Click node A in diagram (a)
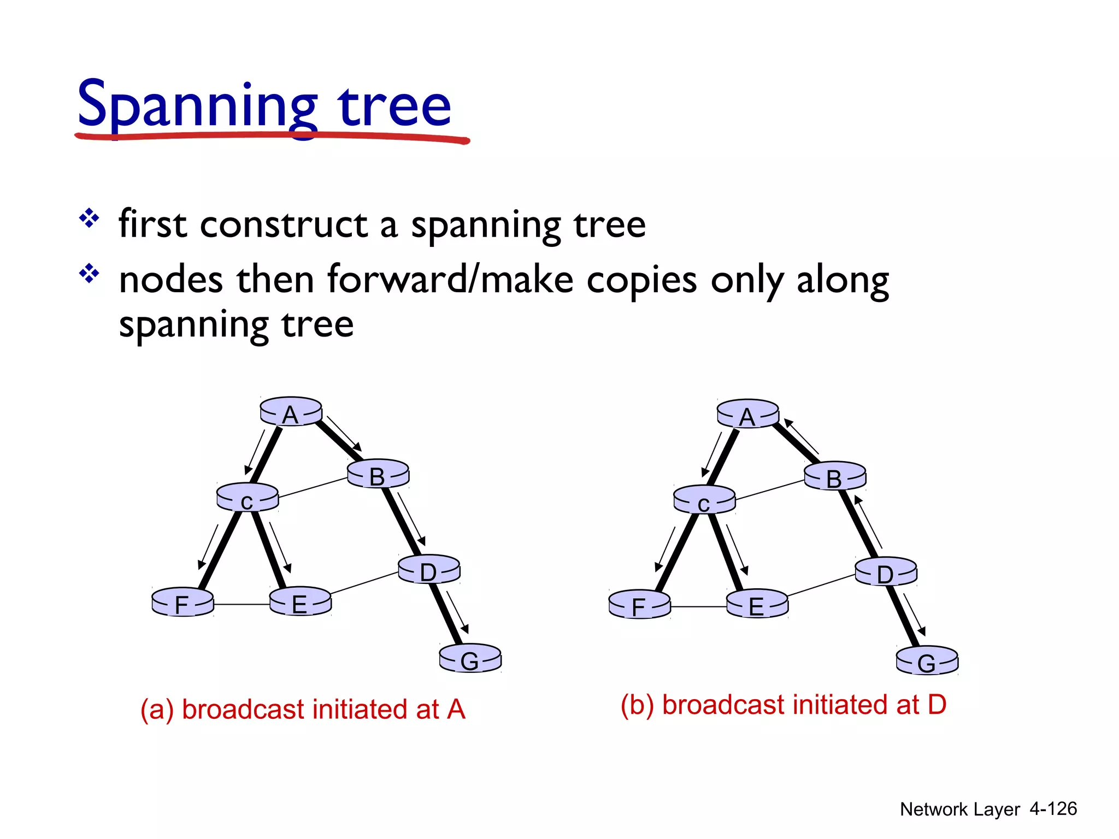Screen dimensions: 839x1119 [291, 411]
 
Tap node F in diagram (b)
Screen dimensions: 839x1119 [639, 604]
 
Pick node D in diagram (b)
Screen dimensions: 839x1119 [886, 572]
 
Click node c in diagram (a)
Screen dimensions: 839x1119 [248, 498]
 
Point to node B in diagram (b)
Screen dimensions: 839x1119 [835, 476]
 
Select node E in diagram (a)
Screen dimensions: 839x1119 [300, 601]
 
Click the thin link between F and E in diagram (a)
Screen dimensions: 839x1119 [242, 605]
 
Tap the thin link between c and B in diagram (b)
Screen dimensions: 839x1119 [769, 490]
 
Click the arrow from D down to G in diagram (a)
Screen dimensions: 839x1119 [457, 612]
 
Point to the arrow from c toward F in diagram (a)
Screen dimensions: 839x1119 [208, 547]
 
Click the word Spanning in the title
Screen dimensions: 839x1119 [197, 105]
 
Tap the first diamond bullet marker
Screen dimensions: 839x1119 [89, 219]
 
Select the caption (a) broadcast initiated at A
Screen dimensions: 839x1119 [303, 710]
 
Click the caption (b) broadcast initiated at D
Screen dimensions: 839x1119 [783, 705]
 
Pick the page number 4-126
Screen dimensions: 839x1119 [1053, 809]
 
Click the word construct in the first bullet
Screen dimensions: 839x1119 [284, 224]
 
